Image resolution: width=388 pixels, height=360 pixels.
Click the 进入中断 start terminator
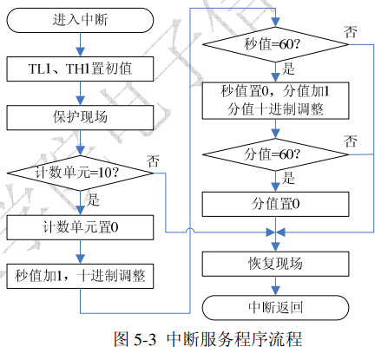(80, 20)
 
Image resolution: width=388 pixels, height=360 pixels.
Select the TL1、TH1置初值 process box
(80, 69)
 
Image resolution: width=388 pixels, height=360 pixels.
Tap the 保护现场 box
(80, 117)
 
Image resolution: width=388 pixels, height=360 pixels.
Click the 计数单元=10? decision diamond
(80, 173)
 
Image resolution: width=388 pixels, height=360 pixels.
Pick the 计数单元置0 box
(80, 227)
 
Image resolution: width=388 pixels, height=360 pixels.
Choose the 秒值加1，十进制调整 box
(80, 276)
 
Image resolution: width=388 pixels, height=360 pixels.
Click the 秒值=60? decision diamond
(275, 44)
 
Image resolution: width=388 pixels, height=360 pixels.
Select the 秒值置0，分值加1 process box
(275, 101)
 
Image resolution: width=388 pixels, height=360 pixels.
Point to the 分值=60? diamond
(275, 154)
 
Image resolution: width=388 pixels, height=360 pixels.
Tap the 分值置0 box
(275, 204)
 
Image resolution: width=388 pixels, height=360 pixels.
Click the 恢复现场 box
(275, 264)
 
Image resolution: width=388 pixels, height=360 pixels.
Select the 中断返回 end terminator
(275, 308)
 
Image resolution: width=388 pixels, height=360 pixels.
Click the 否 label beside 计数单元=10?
(153, 161)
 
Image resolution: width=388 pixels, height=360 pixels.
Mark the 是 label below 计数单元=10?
(93, 200)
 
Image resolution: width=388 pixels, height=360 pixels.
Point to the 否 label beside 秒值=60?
(351, 32)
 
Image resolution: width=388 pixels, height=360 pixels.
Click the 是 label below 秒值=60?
(288, 69)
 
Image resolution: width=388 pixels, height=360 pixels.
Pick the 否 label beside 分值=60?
(351, 141)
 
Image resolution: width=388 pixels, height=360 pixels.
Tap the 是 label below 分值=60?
(288, 178)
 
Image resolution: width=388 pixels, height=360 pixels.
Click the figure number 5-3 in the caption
(145, 339)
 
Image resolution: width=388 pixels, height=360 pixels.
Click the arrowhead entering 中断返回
(275, 291)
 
